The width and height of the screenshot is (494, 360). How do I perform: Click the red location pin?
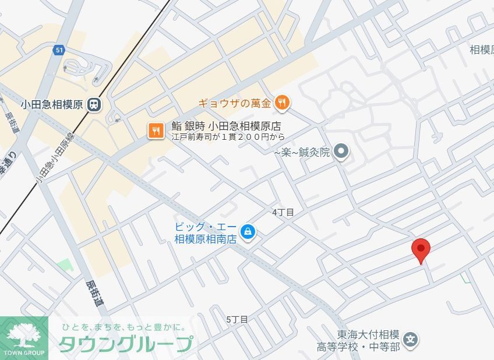[x=421, y=249]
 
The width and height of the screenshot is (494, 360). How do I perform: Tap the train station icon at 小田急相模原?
[x=93, y=105]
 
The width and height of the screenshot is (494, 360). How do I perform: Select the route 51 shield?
[x=59, y=50]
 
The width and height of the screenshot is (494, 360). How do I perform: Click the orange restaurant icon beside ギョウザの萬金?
[x=283, y=103]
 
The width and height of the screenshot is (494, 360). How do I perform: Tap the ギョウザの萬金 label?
[x=235, y=104]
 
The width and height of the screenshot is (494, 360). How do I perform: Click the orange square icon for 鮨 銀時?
[x=156, y=130]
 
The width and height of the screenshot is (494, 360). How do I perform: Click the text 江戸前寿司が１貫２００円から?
[x=228, y=137]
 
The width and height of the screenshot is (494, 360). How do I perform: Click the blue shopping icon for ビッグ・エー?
[x=248, y=232]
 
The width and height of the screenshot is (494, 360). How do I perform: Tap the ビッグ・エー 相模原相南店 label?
[x=206, y=232]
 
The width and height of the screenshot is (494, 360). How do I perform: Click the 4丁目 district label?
[x=283, y=213]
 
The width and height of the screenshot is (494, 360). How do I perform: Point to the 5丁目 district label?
[x=237, y=319]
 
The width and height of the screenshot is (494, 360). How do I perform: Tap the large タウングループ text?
[x=125, y=344]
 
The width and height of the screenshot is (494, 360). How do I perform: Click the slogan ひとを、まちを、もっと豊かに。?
[x=124, y=327]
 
